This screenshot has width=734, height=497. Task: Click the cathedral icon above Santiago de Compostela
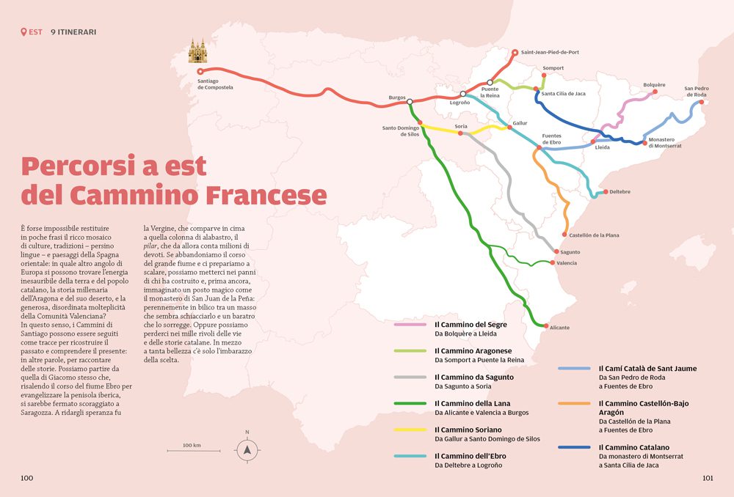coord(197,51)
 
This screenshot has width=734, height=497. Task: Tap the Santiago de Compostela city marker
coord(200,72)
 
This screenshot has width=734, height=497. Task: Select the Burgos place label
coord(397,97)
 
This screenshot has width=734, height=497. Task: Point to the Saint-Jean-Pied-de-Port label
coord(550,52)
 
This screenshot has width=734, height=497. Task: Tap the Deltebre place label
coord(618,192)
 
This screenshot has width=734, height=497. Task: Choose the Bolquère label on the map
coord(654,84)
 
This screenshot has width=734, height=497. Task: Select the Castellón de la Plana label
coord(594,235)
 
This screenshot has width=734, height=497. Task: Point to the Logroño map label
coord(459,103)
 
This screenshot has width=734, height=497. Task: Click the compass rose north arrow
coord(247,449)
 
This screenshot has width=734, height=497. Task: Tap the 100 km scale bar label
coord(192,445)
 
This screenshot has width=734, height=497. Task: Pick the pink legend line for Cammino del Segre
coord(410,324)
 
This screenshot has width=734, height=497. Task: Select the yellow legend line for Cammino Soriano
coord(410,430)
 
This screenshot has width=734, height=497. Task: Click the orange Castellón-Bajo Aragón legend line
coord(575,403)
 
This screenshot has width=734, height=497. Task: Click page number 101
coord(708,478)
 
